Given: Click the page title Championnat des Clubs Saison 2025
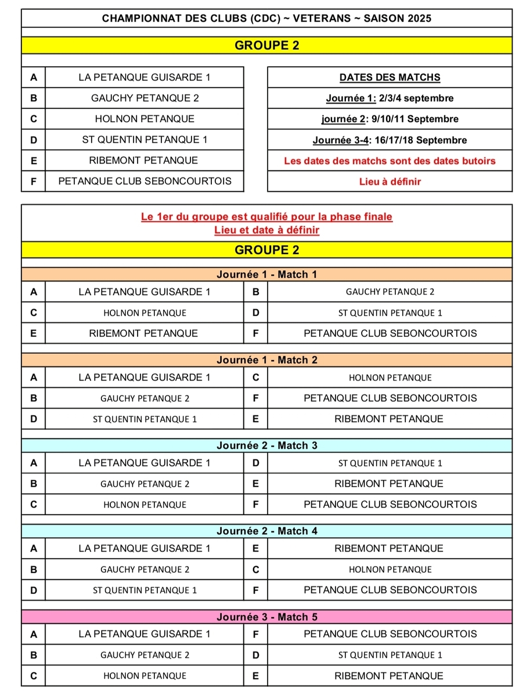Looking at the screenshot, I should (x=266, y=19).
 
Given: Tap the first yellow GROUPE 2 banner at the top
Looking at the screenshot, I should (x=266, y=45).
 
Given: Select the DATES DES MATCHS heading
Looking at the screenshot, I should (x=390, y=77).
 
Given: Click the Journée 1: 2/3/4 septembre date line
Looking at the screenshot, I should (x=390, y=98).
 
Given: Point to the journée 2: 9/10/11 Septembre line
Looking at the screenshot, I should (x=390, y=119).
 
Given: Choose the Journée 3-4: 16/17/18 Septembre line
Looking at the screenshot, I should (x=390, y=140).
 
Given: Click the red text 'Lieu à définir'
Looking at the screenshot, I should (x=390, y=182).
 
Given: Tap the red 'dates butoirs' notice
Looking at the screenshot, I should (x=390, y=161).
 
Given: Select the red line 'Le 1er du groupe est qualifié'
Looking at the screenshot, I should (x=266, y=217).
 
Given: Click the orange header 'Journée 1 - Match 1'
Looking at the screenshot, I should (x=266, y=274).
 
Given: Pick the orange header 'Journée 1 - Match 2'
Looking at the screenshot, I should (x=266, y=360).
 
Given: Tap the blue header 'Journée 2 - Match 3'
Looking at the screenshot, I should (x=266, y=445).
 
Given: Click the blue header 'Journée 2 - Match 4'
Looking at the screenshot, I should (x=266, y=531).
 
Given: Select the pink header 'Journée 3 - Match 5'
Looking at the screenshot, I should (x=266, y=617).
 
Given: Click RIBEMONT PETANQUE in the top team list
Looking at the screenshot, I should (x=144, y=161).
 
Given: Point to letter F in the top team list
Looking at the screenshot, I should (x=34, y=182).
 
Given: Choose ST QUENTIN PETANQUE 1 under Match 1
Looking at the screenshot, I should (x=390, y=313).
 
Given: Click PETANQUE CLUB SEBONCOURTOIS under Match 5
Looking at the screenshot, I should (x=390, y=634).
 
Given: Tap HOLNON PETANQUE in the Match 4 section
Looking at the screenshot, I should (x=390, y=570).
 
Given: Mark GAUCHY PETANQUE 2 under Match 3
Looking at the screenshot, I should (x=144, y=484).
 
